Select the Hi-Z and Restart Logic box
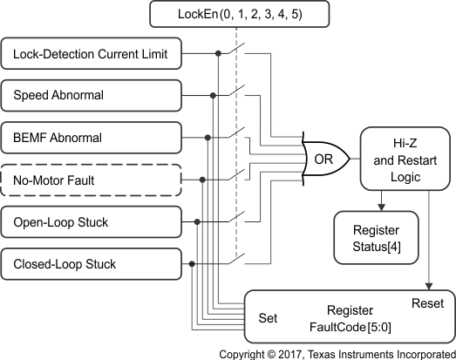point(401,159)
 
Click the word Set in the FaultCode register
point(268,318)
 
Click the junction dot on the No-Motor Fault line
point(202,180)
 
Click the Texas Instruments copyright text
point(337,354)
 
